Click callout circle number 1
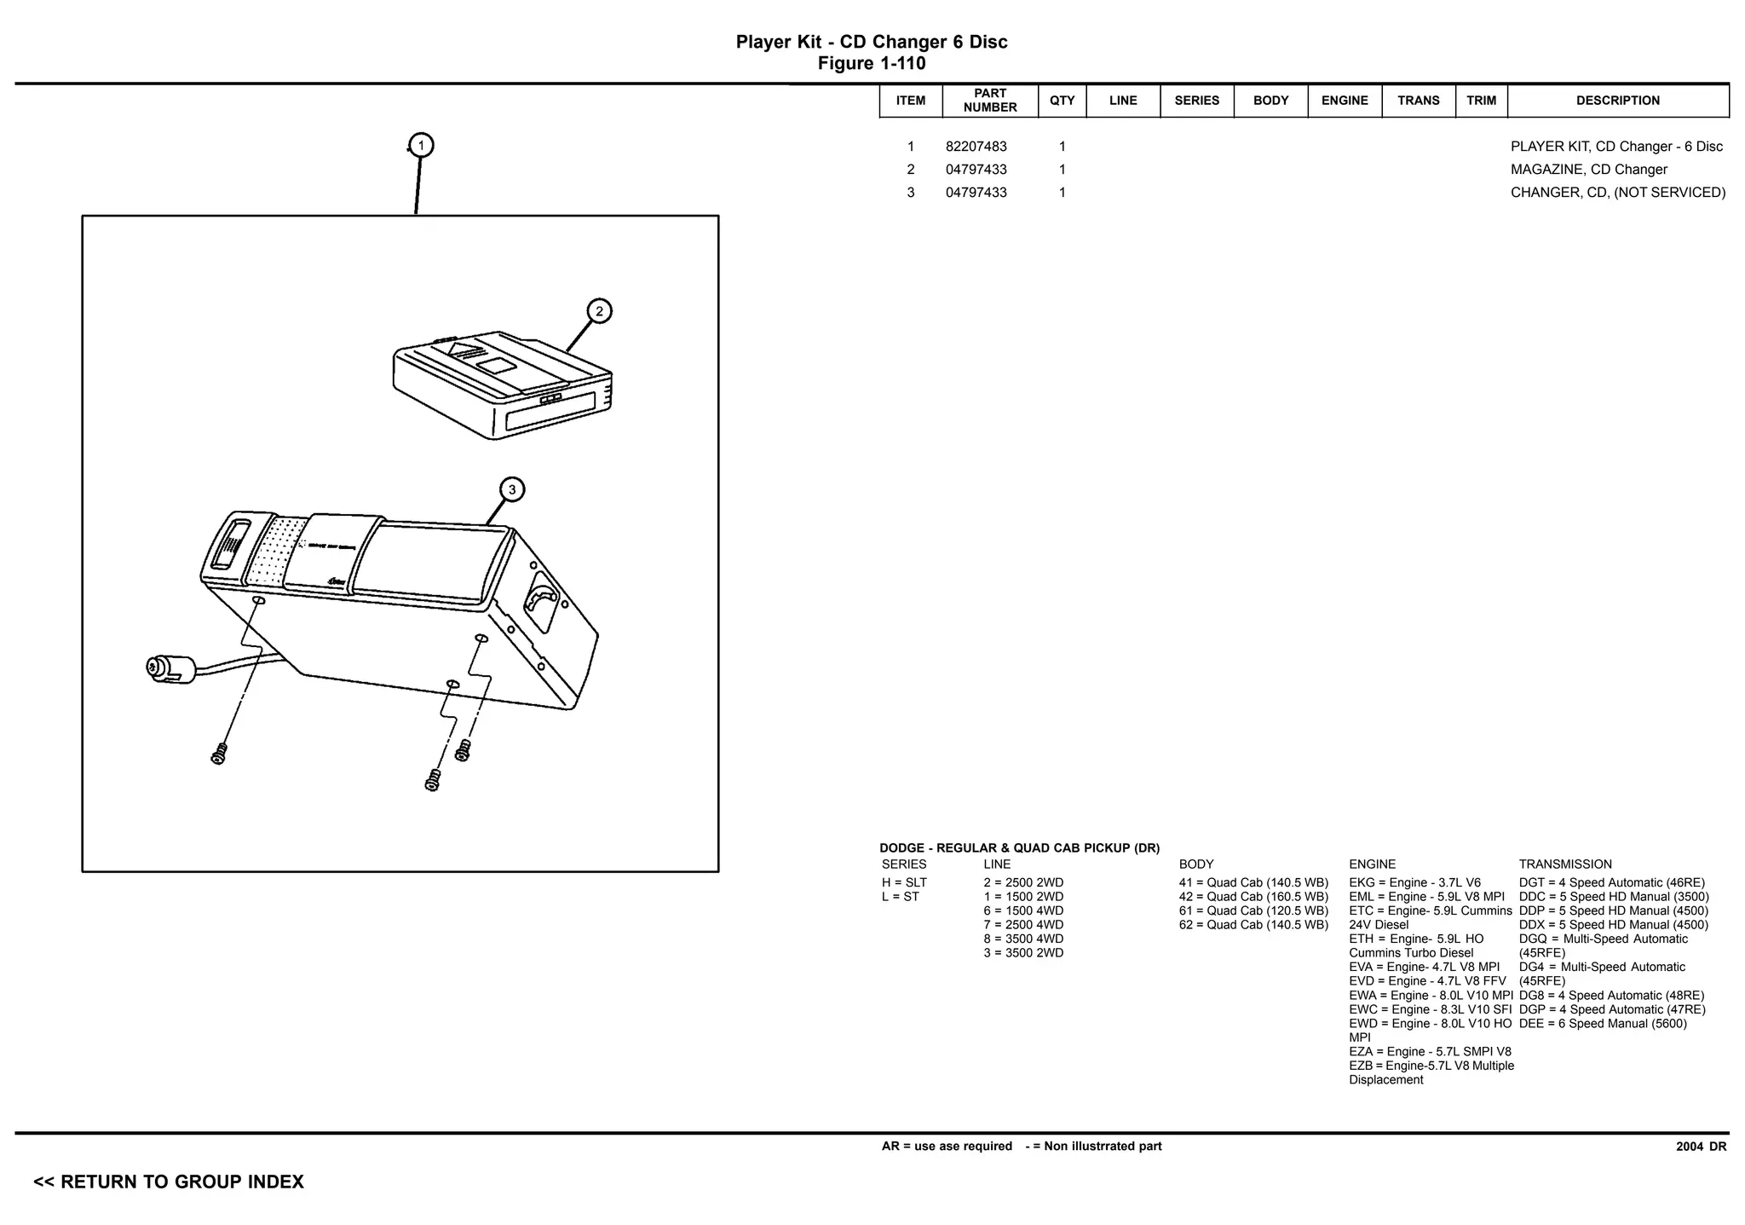pos(421,146)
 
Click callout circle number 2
pos(599,311)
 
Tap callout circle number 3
pos(511,489)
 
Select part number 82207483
pos(976,147)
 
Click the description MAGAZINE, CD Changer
pos(1588,170)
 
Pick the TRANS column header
pos(1418,101)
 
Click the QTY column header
pos(1062,101)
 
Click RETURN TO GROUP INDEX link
pos(169,1182)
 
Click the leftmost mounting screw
pos(219,754)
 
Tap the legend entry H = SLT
pos(904,883)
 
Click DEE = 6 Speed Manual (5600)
pos(1602,1024)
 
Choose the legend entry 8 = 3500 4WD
pos(1023,939)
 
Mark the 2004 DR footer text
pos(1701,1147)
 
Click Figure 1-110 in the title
pos(871,64)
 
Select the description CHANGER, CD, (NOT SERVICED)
pos(1617,193)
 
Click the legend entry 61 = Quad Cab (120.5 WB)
pos(1253,911)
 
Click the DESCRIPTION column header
pos(1617,101)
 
